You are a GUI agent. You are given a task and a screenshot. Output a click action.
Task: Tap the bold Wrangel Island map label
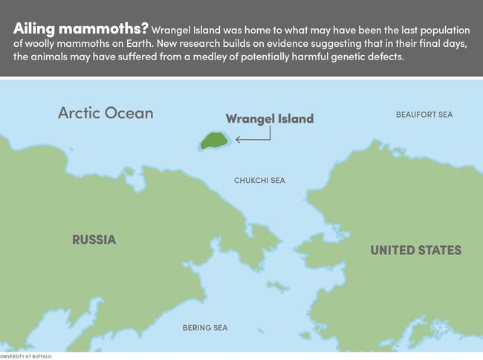tap(269, 119)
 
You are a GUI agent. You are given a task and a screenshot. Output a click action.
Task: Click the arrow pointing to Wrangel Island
tap(253, 138)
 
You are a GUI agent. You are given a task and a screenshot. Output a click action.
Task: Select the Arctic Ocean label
tap(106, 113)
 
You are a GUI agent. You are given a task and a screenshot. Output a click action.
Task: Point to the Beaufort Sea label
tap(424, 115)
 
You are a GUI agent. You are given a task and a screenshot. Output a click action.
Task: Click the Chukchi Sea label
tap(259, 181)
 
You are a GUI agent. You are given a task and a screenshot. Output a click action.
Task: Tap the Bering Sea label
tap(205, 327)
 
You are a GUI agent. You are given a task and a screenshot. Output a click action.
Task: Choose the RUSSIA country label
tap(94, 240)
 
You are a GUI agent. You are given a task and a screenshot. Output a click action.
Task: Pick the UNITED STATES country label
tap(415, 250)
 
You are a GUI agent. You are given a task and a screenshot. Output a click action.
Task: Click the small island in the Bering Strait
tap(279, 286)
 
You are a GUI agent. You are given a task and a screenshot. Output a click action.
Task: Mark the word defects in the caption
tap(383, 57)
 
